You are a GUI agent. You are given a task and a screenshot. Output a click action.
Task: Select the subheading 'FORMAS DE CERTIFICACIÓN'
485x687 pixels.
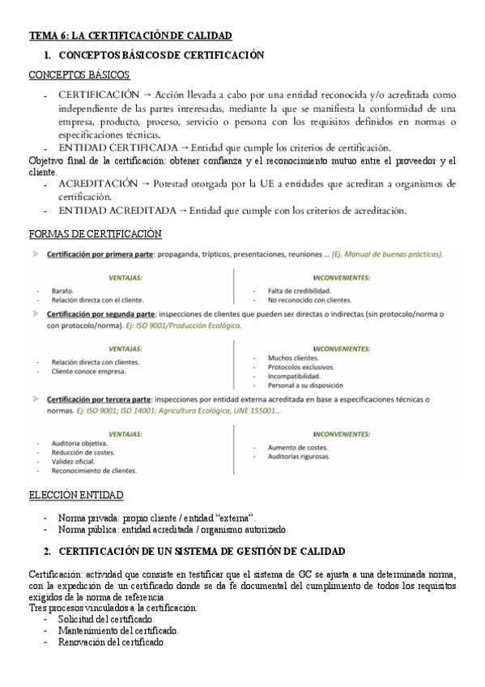[95, 235]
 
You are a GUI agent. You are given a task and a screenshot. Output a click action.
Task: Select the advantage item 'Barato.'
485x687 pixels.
[62, 290]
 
